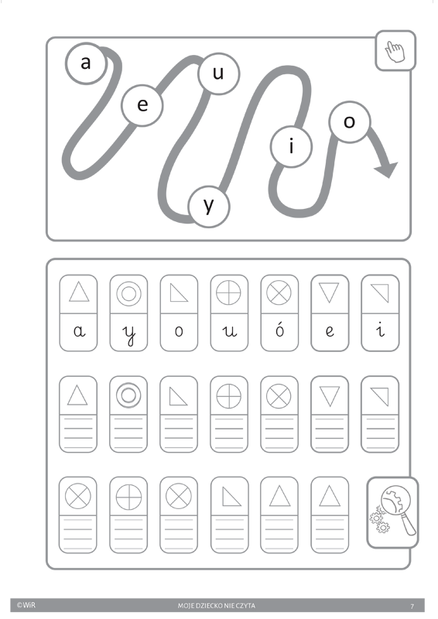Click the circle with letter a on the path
(86, 63)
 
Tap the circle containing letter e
(142, 105)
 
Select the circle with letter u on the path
(219, 74)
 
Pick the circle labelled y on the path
(209, 207)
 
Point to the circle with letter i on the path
(292, 146)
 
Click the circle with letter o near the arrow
(350, 121)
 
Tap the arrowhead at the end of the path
(387, 169)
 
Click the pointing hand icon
(395, 52)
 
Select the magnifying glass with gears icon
(393, 511)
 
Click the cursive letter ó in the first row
(279, 330)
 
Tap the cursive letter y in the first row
(128, 334)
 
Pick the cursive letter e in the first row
(330, 331)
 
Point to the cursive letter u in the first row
(230, 331)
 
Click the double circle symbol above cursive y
(128, 294)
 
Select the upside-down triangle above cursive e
(329, 292)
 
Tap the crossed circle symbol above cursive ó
(279, 293)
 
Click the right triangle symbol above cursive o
(179, 293)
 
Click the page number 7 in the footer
(412, 606)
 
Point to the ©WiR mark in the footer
(26, 605)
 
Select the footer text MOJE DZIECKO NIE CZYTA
(217, 606)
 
